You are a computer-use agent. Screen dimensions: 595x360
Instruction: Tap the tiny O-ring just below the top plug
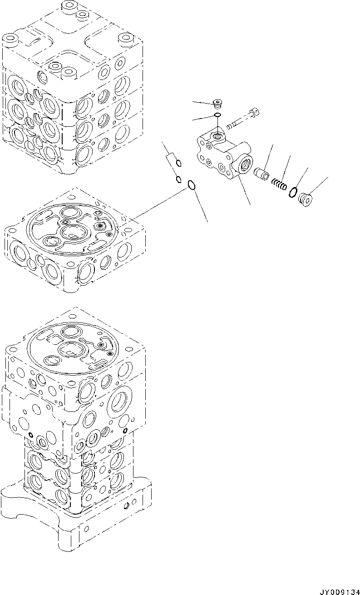pos(217,116)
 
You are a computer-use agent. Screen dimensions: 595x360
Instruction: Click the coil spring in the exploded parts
pos(278,184)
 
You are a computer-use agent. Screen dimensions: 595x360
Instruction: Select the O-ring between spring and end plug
pos(292,192)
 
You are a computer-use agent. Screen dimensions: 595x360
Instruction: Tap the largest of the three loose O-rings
pos(191,185)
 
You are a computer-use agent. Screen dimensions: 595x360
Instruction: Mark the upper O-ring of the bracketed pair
pos(179,163)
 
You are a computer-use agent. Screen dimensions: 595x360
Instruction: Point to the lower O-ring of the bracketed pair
pos(179,178)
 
